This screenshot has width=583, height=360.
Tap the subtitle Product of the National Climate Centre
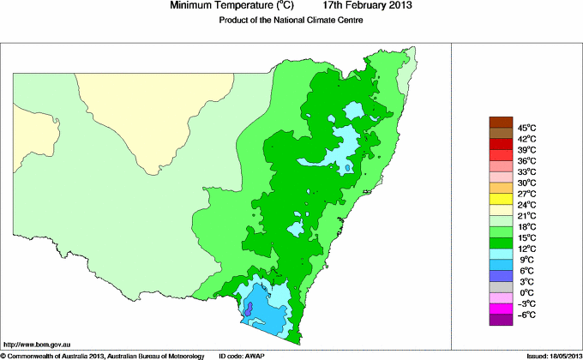[x=291, y=21]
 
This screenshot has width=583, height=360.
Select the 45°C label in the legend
[x=526, y=128]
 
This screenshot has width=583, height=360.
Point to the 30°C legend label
[x=526, y=183]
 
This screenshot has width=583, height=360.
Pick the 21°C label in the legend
[x=526, y=215]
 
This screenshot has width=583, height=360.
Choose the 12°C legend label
[x=526, y=249]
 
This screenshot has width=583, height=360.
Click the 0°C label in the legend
[x=526, y=292]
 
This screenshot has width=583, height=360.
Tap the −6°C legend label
[x=526, y=315]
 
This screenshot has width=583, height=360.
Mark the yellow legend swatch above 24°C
[x=500, y=199]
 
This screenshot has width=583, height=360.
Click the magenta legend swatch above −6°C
[x=500, y=309]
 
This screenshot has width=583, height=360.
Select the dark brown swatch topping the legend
[x=500, y=122]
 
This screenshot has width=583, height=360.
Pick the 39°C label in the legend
[x=526, y=150]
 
